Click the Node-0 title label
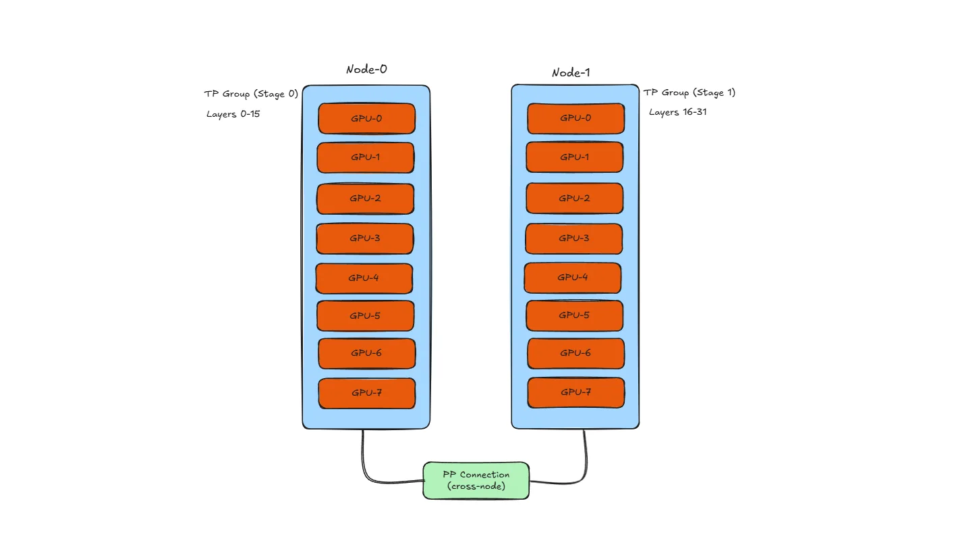tap(366, 69)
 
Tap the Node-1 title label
tap(571, 72)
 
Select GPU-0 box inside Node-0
tap(366, 119)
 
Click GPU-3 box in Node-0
tap(364, 238)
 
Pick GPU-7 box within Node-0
tap(366, 393)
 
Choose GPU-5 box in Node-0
tap(365, 315)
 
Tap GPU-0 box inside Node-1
tap(575, 119)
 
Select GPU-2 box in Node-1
tap(574, 199)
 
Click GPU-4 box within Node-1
tap(572, 278)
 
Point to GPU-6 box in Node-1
tap(575, 353)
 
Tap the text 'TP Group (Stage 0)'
tap(251, 94)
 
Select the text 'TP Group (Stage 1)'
tap(689, 93)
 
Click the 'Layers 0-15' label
tap(233, 114)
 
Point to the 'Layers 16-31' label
tap(677, 112)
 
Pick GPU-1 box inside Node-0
tap(365, 157)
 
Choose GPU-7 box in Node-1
tap(575, 392)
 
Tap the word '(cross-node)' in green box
tap(476, 486)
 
